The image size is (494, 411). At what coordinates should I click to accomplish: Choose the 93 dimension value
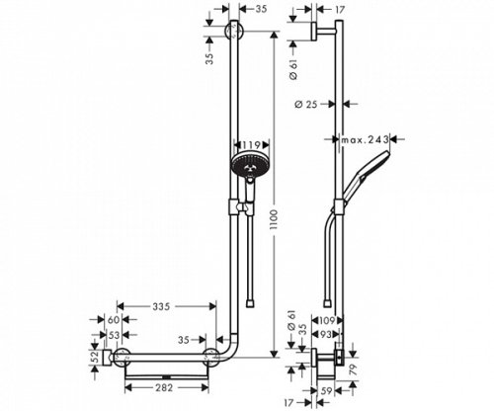click(330, 336)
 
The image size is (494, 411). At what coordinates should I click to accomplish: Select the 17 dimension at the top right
click(340, 11)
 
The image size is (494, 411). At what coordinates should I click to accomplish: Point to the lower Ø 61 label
click(293, 318)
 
